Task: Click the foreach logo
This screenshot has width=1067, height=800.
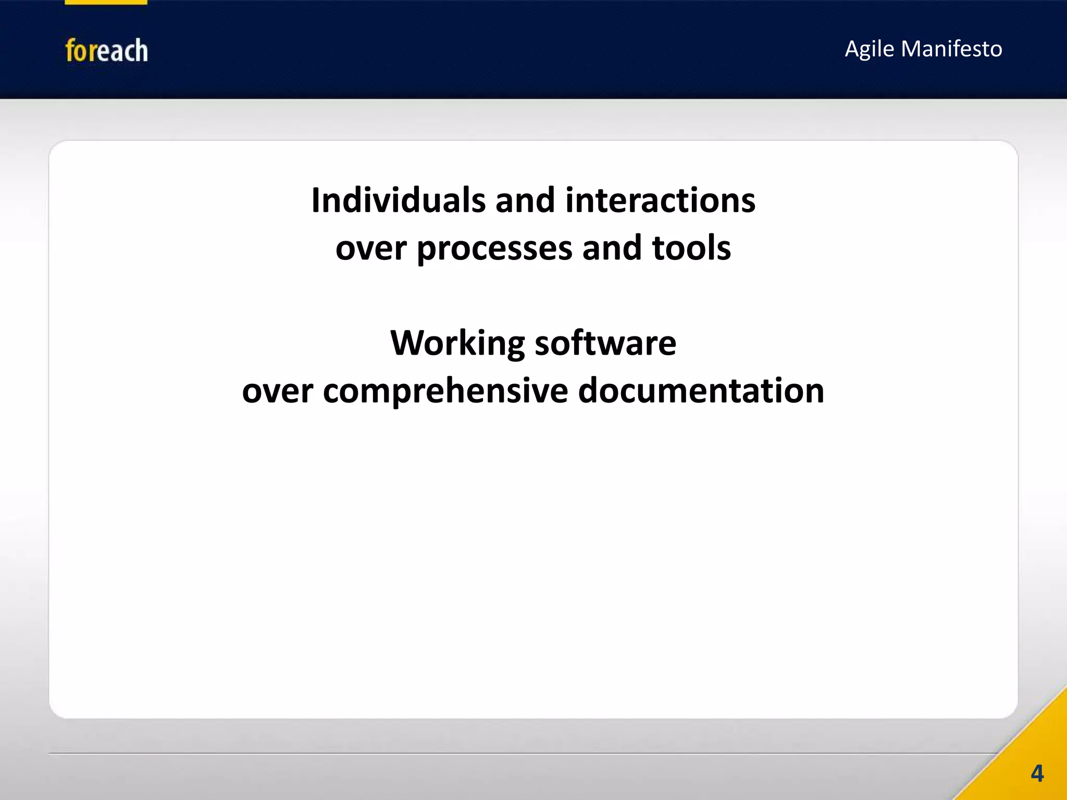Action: pyautogui.click(x=106, y=51)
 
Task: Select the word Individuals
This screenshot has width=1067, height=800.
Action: pyautogui.click(x=398, y=201)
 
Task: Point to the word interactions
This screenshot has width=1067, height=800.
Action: pyautogui.click(x=660, y=201)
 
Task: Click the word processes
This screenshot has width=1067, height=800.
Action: pyautogui.click(x=494, y=249)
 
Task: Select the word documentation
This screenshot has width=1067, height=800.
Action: pyautogui.click(x=701, y=391)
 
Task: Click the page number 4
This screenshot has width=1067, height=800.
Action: pyautogui.click(x=1037, y=773)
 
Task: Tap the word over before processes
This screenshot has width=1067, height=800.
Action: pyautogui.click(x=370, y=249)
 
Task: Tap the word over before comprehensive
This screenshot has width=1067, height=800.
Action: pyautogui.click(x=277, y=392)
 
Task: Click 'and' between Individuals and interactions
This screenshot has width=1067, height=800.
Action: pyautogui.click(x=525, y=201)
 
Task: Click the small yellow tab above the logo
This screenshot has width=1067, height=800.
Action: pyautogui.click(x=106, y=2)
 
